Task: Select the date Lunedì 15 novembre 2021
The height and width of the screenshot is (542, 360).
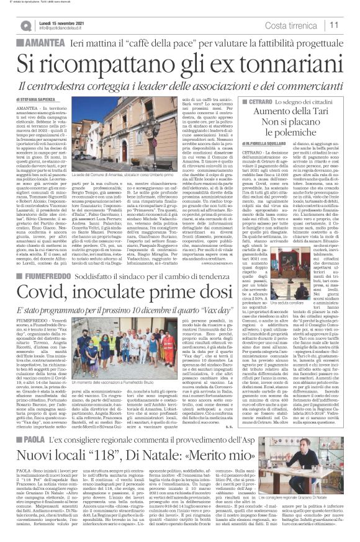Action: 60,22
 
